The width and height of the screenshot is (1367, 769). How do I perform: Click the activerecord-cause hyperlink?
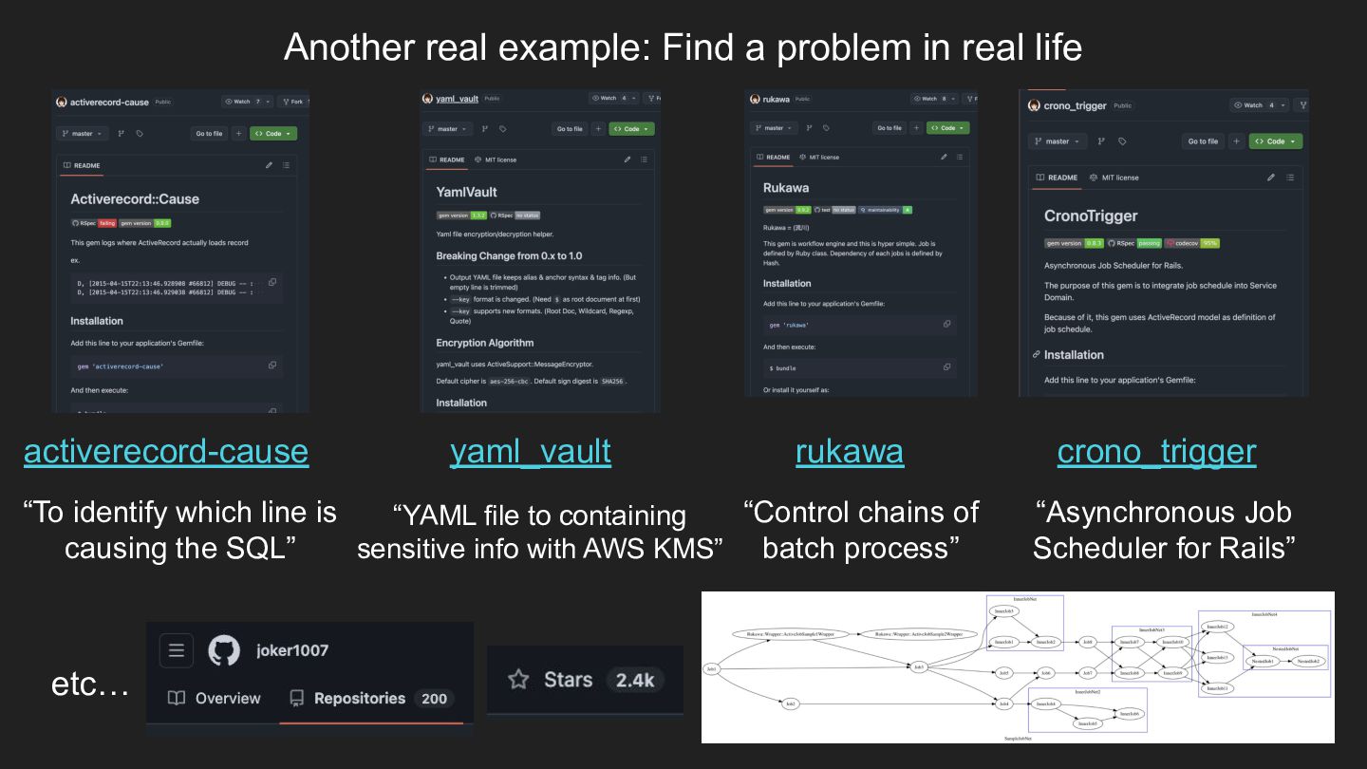tap(166, 451)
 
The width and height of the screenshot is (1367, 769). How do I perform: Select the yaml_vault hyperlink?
tap(530, 451)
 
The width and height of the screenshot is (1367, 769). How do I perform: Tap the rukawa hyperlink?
tap(849, 451)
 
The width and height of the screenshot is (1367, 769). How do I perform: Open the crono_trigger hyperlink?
tap(1156, 451)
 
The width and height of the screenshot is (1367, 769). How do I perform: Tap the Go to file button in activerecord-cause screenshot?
tap(209, 134)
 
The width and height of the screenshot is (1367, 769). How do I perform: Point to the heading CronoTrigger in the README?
tap(1090, 216)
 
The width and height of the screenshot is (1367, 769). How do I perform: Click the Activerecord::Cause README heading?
tap(135, 199)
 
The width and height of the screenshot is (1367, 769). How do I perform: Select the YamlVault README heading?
tap(466, 192)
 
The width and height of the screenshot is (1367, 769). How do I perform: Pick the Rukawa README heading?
tap(786, 188)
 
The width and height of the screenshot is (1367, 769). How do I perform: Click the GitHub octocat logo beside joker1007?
tap(224, 650)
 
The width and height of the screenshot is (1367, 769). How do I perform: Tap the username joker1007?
tap(292, 650)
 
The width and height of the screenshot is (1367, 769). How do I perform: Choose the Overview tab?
tap(215, 699)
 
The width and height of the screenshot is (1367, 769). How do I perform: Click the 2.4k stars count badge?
tap(634, 680)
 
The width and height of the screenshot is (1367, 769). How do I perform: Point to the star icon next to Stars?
tap(518, 680)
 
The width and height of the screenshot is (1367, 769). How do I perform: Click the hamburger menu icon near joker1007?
tap(176, 650)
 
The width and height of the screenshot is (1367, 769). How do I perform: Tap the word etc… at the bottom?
tap(90, 684)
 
